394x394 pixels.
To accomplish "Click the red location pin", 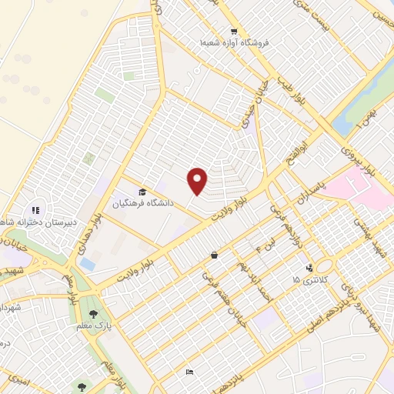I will (199, 181).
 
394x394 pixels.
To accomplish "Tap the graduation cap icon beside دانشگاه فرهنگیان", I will (142, 192).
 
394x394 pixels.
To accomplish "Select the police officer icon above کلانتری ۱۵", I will (309, 268).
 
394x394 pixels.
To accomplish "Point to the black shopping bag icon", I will (213, 255).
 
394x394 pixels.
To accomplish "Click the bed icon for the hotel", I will (189, 372).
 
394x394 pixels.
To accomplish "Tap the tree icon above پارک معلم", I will (94, 313).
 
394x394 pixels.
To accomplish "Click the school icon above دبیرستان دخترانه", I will (35, 209).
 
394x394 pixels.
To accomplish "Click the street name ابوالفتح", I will (302, 138).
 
